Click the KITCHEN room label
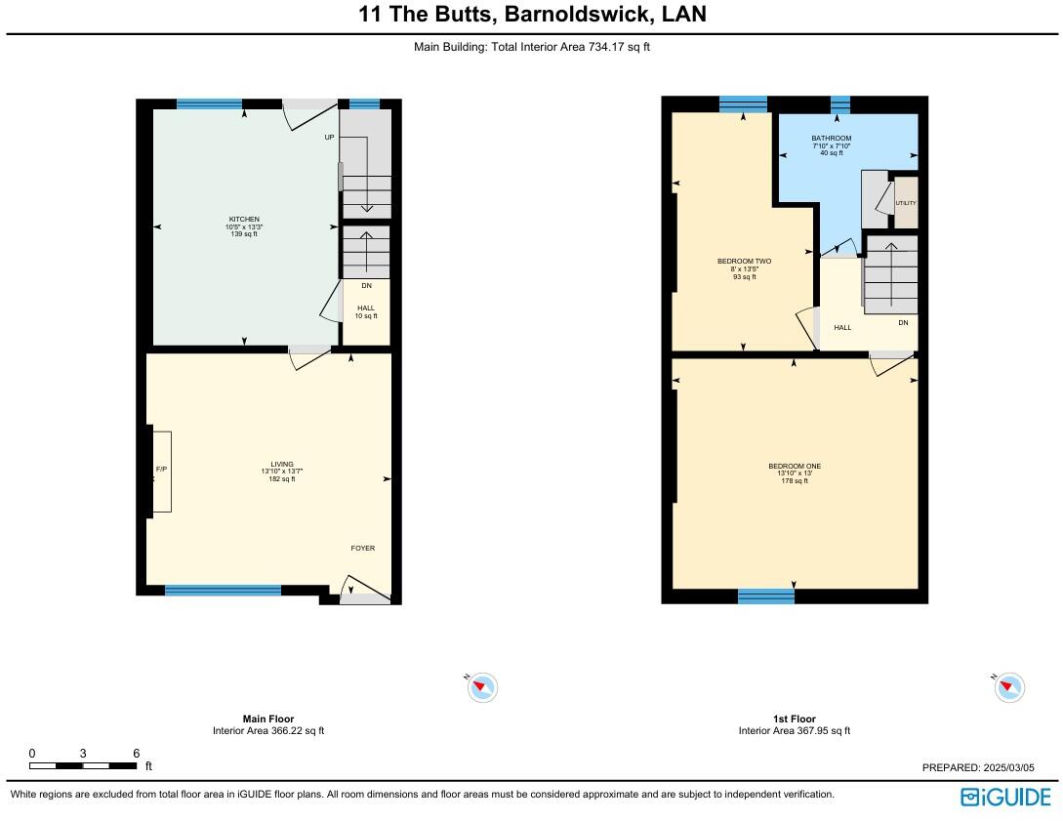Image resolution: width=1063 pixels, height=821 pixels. (244, 219)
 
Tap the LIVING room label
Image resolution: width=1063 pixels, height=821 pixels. (281, 464)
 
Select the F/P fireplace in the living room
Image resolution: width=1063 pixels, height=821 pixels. (161, 471)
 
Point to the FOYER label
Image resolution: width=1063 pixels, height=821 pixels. (363, 548)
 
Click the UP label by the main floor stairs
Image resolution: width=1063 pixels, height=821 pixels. (330, 138)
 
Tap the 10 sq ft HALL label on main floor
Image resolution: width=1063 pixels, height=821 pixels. (365, 308)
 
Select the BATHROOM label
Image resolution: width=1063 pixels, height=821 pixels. (832, 139)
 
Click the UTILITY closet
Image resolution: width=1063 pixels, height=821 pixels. (906, 203)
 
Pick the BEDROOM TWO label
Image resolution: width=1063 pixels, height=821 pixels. (745, 262)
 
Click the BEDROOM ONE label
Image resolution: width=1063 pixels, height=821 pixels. (795, 466)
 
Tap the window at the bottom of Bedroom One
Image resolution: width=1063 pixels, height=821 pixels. (766, 595)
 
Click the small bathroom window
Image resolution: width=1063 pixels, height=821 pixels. (839, 104)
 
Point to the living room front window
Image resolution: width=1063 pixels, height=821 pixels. (223, 590)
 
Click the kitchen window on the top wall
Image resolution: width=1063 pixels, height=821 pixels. (209, 103)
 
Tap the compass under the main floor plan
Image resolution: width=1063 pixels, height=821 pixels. (482, 687)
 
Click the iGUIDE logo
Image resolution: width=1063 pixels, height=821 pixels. (1005, 797)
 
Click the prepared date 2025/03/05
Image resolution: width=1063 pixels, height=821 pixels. (986, 768)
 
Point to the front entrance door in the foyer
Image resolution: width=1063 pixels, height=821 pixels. (364, 590)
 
